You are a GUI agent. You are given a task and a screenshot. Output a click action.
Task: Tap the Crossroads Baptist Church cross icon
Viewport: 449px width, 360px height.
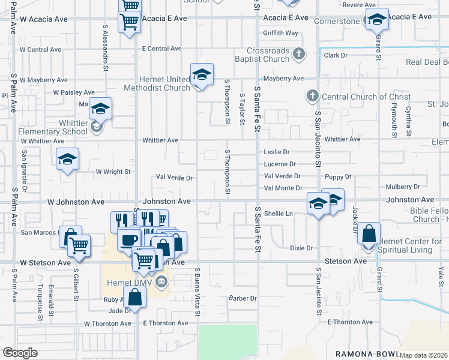click(298, 55)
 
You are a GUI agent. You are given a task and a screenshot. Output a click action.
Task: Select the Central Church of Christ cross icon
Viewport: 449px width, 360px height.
click(312, 96)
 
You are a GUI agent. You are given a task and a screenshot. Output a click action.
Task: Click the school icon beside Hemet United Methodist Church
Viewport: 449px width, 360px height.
click(202, 74)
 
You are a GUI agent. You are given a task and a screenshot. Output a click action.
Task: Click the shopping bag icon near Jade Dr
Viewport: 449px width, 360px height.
click(135, 296)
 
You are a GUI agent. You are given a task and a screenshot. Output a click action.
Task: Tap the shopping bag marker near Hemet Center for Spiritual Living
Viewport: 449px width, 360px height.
click(369, 234)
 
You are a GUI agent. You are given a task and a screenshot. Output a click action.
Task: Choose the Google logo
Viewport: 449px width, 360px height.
click(20, 353)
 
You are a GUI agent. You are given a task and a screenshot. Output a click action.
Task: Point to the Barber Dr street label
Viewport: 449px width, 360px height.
click(243, 298)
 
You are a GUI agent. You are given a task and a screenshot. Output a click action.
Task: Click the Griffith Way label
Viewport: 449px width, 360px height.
click(280, 33)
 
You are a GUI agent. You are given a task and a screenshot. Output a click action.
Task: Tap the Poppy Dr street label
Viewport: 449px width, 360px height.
click(338, 177)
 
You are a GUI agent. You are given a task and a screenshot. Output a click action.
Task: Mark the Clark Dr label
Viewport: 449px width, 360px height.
click(336, 55)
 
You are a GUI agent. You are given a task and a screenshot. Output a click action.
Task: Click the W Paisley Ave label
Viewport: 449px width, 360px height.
click(74, 92)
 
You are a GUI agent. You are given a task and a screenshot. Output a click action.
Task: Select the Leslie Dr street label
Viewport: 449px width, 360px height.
click(277, 152)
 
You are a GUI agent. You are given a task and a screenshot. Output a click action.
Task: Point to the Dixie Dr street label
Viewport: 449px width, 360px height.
click(302, 248)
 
